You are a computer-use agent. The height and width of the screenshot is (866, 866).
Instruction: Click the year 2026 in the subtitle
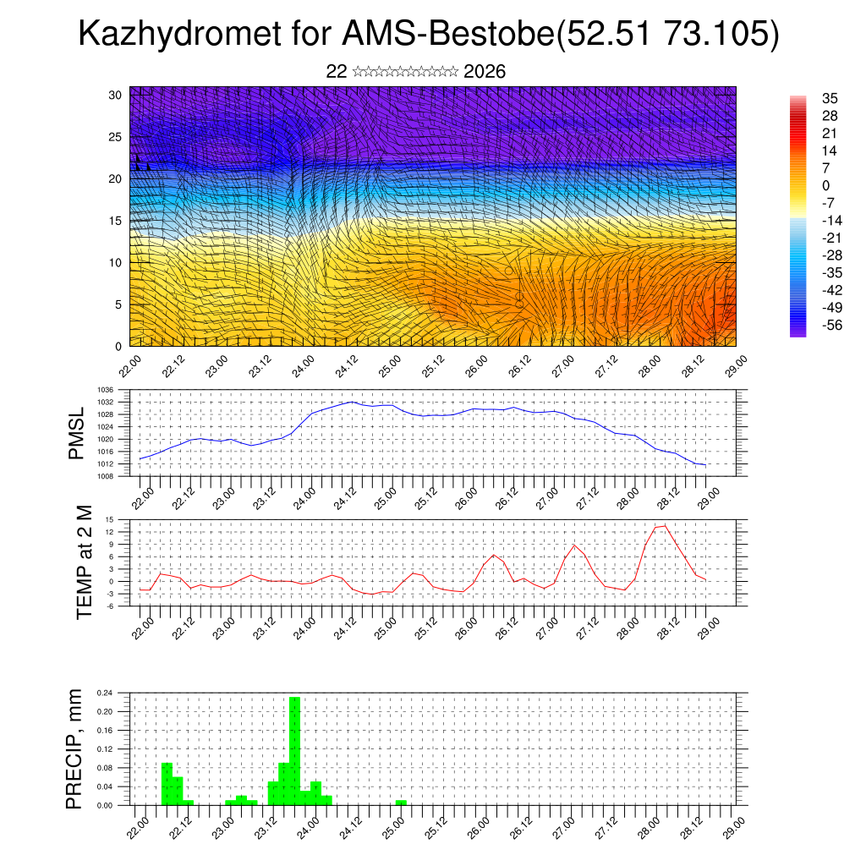tap(485, 72)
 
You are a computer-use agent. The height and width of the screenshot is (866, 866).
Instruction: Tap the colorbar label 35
tap(829, 98)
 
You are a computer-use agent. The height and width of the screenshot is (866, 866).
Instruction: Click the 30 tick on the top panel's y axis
tap(116, 95)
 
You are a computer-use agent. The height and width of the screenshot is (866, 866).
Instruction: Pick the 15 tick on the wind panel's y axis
tap(116, 221)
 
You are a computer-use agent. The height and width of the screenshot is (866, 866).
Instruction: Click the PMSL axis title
tap(77, 433)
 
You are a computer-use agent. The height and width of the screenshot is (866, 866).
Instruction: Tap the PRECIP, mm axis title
tap(77, 748)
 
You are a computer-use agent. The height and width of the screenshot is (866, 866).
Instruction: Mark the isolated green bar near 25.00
tap(401, 802)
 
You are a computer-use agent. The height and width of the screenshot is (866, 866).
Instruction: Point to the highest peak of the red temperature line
tap(665, 525)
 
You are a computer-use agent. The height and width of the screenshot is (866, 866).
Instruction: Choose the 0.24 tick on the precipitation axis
tap(105, 693)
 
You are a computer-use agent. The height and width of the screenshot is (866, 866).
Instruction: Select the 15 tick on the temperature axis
tap(109, 519)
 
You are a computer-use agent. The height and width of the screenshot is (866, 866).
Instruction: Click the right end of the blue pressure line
tap(705, 464)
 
